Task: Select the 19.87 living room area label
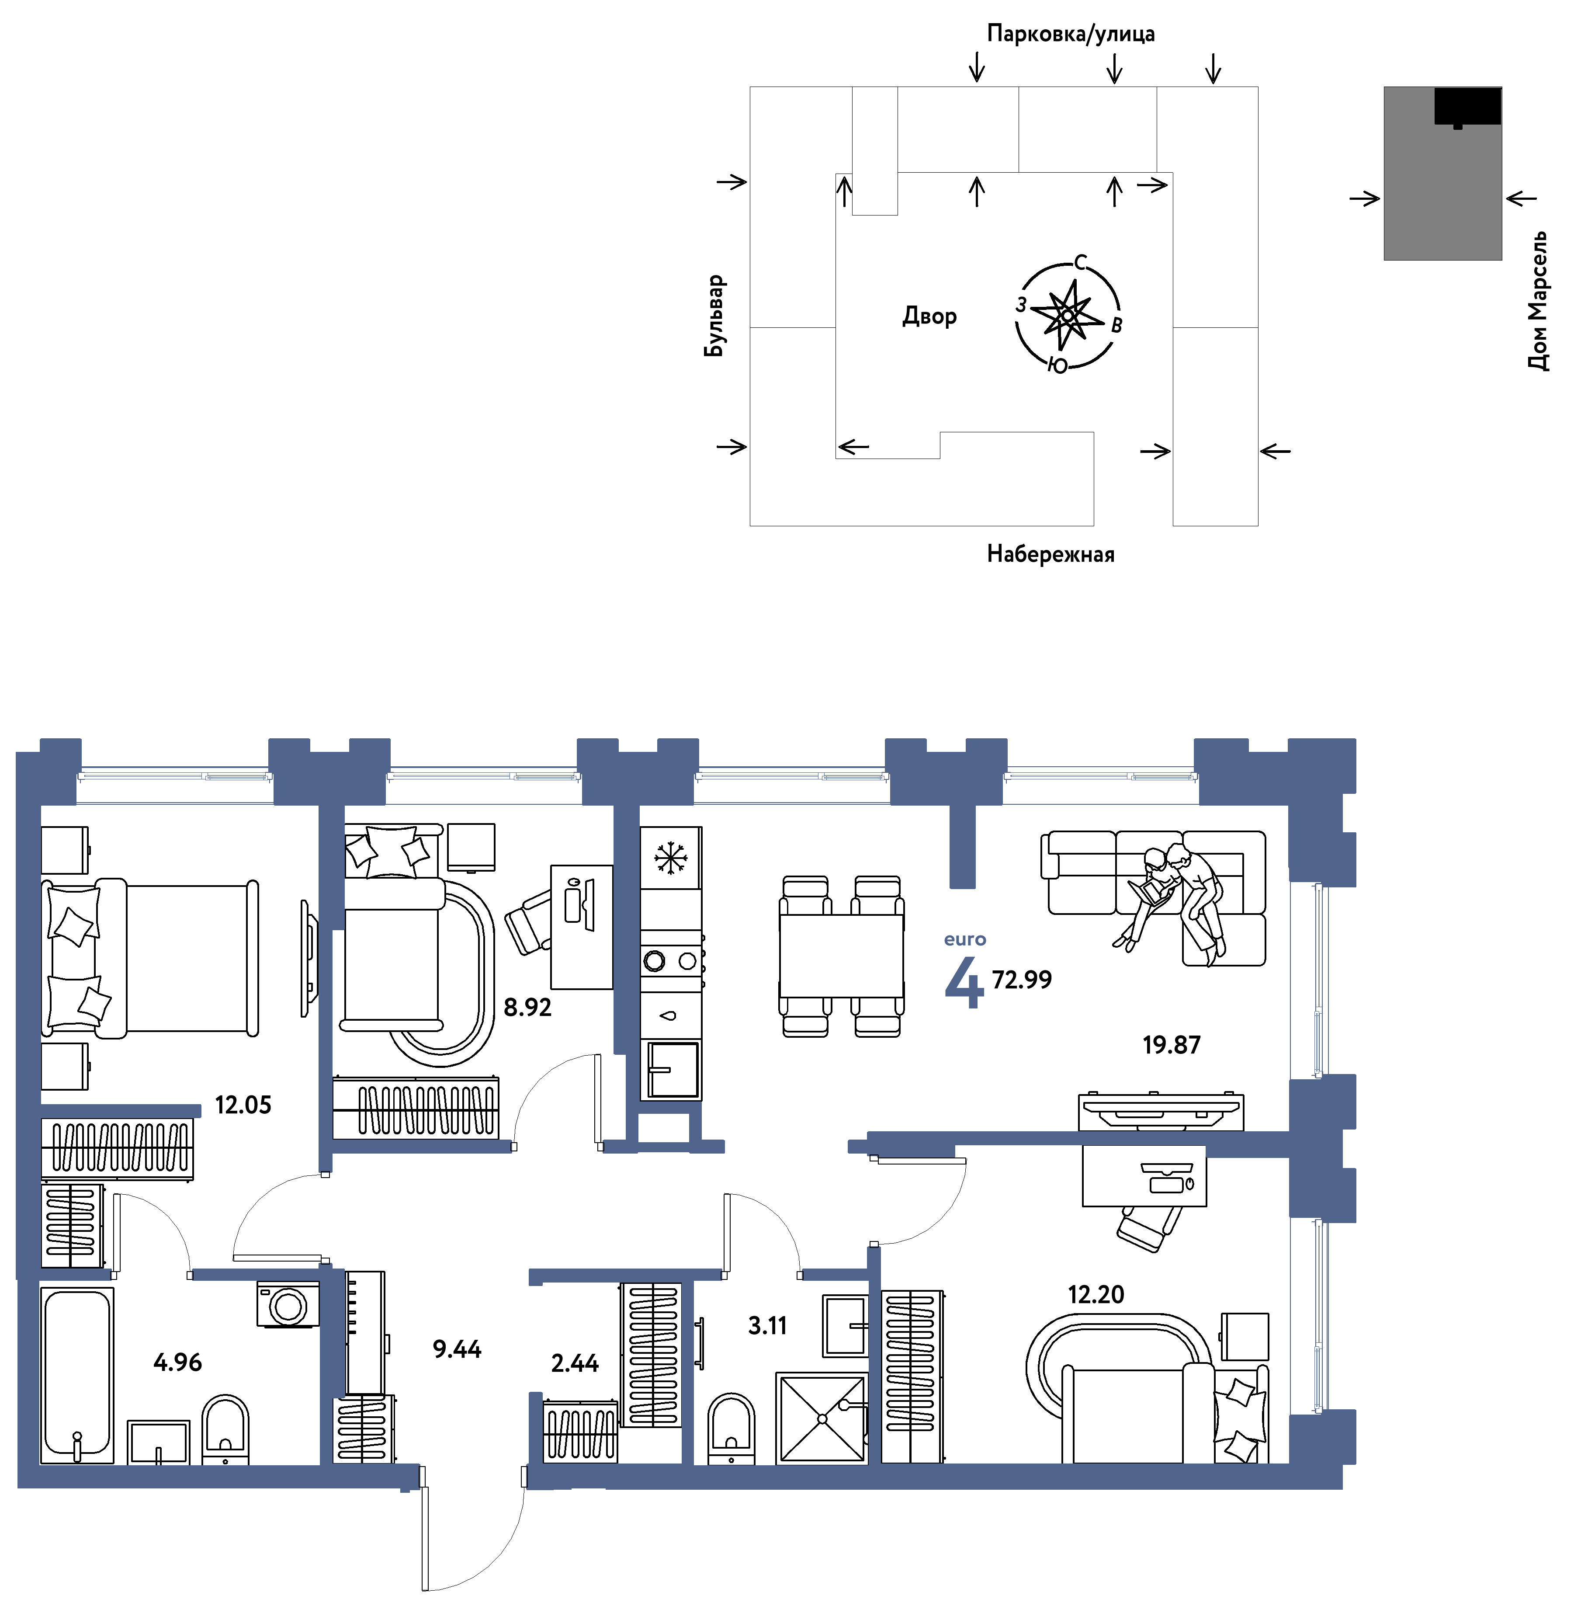[x=1172, y=1045]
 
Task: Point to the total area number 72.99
[x=1022, y=980]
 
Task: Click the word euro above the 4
[x=965, y=939]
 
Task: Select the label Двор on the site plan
[x=929, y=316]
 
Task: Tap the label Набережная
[x=1050, y=554]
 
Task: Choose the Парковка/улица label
[x=1071, y=34]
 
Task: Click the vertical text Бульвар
[x=714, y=316]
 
